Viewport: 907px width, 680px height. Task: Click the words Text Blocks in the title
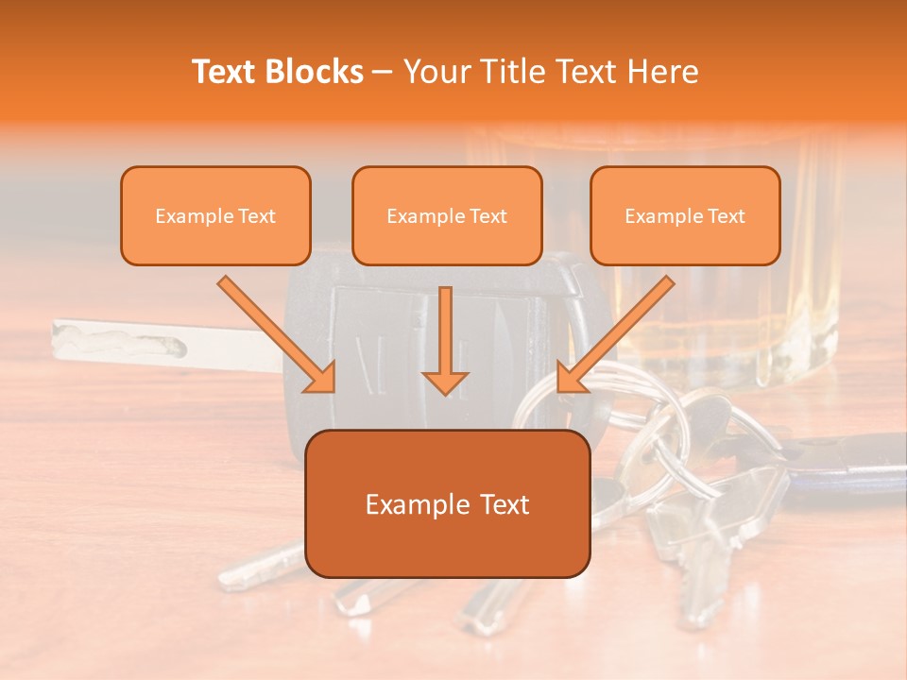coord(278,72)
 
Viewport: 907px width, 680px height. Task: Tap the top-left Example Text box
coord(215,215)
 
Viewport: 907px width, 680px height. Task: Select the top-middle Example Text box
coord(447,215)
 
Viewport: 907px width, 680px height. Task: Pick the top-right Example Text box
coord(685,215)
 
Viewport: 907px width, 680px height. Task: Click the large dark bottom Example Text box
coord(447,503)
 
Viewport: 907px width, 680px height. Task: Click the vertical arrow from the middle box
coord(445,338)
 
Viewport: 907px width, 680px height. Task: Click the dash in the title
coord(383,73)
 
